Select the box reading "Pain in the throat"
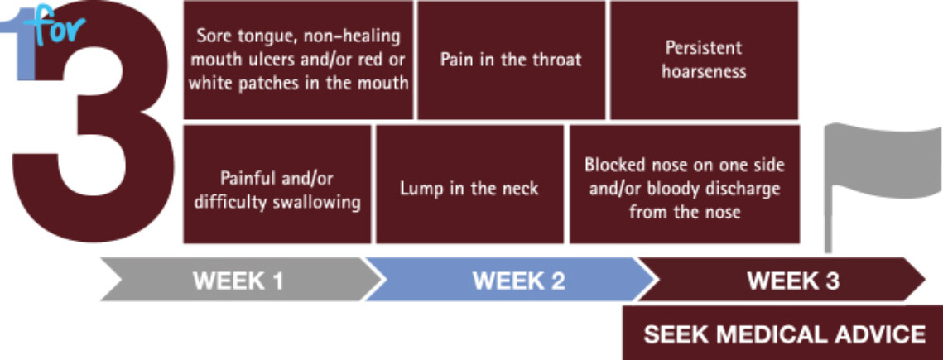pos(511,60)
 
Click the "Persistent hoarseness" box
pos(705,60)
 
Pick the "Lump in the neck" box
pos(469,184)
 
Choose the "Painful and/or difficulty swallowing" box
pos(277,184)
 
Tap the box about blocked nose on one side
pos(685,184)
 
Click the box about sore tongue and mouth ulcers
pos(298,60)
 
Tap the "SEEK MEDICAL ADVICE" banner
pos(782,334)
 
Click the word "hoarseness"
pos(704,71)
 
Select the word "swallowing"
pos(316,203)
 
